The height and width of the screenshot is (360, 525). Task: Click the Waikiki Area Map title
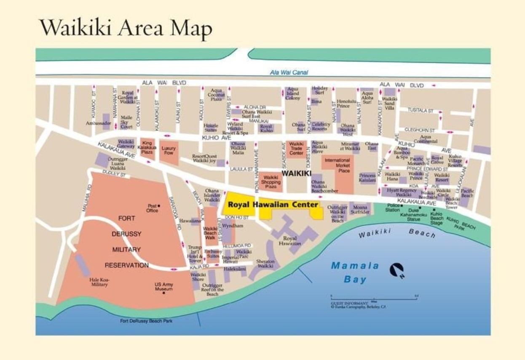(x=126, y=28)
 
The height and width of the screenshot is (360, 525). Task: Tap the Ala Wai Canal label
(x=289, y=72)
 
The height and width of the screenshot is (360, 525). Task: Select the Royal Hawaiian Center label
(x=273, y=205)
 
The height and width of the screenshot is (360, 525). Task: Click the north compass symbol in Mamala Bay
(x=396, y=270)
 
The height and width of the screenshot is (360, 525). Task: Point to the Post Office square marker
(x=159, y=206)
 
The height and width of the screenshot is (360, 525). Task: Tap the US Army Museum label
(x=163, y=287)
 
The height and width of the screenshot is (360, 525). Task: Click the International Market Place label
(x=337, y=165)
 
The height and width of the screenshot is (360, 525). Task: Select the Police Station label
(x=392, y=208)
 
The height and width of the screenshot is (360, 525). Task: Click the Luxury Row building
(x=169, y=151)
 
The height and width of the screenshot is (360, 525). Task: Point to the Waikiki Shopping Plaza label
(x=271, y=181)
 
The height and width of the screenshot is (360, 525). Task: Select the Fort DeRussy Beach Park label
(x=146, y=321)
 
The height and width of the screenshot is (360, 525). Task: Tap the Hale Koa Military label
(x=99, y=282)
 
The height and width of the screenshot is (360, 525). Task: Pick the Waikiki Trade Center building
(x=296, y=149)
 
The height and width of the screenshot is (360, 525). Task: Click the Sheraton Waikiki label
(x=265, y=264)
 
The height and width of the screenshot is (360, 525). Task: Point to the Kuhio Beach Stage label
(x=437, y=219)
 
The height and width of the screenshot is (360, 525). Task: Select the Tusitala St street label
(x=420, y=110)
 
